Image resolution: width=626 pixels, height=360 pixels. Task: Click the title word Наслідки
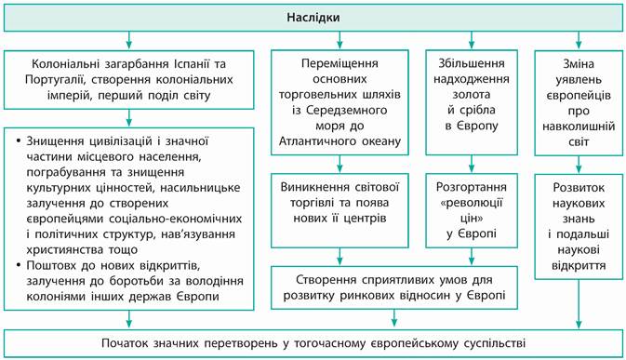pos(313,18)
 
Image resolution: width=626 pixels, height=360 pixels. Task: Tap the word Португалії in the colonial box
pos(56,80)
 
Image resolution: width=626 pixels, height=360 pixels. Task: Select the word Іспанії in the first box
pos(193,64)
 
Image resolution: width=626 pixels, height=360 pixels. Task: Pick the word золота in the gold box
pos(472,95)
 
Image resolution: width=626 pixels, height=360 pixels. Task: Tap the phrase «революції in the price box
pos(471,203)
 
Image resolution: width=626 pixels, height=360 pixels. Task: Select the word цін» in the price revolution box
pos(471,219)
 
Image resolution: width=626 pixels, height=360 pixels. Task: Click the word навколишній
pos(579,127)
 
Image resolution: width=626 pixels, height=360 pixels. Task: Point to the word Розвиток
pos(579,188)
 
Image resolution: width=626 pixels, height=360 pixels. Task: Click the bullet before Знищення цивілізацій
pos(19,141)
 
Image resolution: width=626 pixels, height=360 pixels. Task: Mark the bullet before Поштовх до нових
pos(19,265)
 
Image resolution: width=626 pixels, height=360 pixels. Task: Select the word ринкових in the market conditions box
pos(367,296)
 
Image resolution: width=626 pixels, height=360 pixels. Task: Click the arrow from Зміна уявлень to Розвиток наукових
pos(579,164)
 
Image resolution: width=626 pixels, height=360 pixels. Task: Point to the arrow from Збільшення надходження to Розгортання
pos(471,164)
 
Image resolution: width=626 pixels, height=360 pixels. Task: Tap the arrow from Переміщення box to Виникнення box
pos(340,164)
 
